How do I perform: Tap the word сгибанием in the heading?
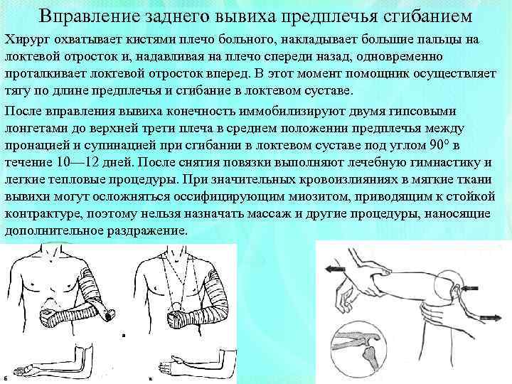(x=427, y=16)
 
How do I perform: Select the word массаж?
(x=271, y=213)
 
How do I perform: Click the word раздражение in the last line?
(x=148, y=231)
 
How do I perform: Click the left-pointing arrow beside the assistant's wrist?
(x=336, y=269)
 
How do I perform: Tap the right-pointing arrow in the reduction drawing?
(x=491, y=317)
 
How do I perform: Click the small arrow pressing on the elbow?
(x=469, y=288)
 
